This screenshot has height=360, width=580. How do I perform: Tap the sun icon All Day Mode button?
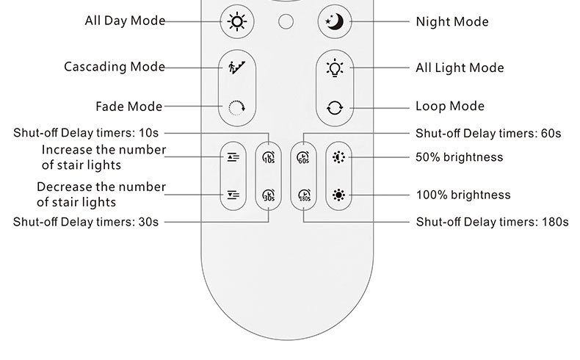[x=236, y=21]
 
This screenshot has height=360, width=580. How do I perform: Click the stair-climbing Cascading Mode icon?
[x=236, y=68]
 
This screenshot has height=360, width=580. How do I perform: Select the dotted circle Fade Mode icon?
[x=236, y=107]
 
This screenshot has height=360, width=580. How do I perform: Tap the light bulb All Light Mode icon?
[x=335, y=68]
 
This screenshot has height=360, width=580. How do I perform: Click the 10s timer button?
[x=268, y=156]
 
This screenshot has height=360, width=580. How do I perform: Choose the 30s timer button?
[x=268, y=196]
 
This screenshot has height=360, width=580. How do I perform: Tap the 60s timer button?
[x=302, y=156]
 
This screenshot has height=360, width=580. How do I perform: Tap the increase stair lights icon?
[x=233, y=156]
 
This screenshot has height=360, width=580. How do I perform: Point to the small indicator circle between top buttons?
[x=286, y=21]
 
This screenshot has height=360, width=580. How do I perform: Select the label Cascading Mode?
[x=114, y=68]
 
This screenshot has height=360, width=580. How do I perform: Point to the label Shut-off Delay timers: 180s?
[x=492, y=221]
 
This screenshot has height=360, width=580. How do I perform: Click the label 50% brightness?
[x=459, y=157]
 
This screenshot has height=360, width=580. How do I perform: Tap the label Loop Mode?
[x=450, y=107]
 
